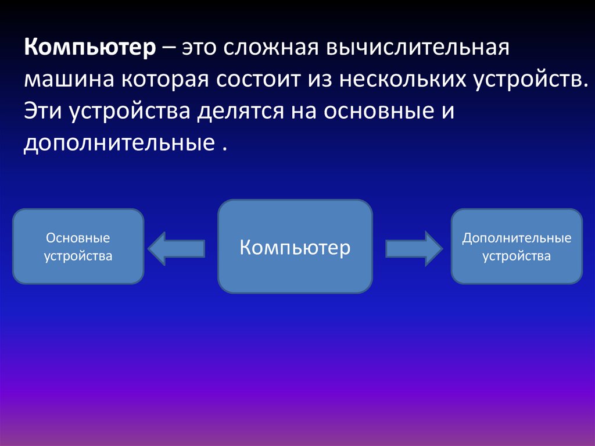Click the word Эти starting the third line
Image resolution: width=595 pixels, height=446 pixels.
44,110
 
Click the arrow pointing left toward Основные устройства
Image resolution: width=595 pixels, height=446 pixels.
177,248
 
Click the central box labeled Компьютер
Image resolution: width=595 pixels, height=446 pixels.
295,247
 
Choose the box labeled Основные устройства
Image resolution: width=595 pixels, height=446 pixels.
78,247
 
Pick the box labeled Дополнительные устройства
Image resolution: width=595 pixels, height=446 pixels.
517,247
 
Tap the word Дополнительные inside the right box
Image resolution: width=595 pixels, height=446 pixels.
517,238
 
